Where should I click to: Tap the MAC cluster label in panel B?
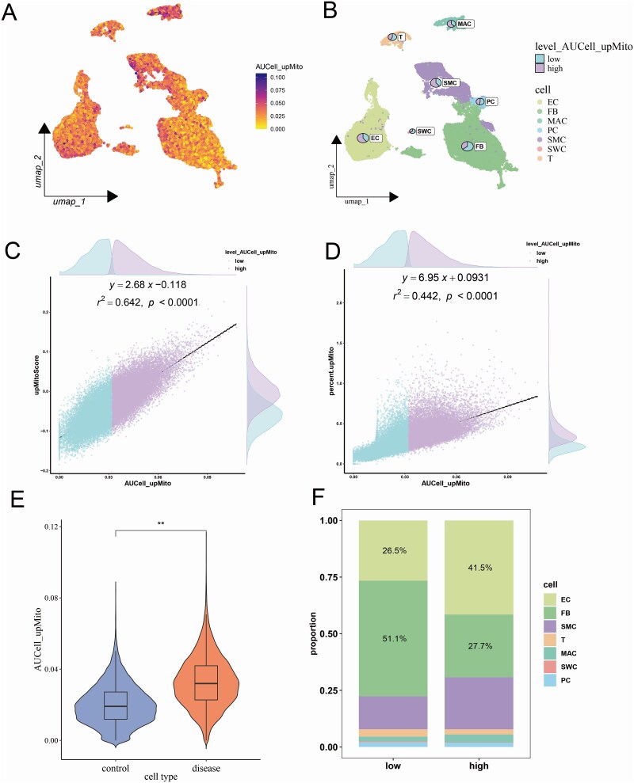[465, 25]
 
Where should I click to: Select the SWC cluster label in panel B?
[425, 131]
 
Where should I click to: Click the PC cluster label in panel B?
[491, 101]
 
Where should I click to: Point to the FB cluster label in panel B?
[480, 146]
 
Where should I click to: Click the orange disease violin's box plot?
[206, 682]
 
